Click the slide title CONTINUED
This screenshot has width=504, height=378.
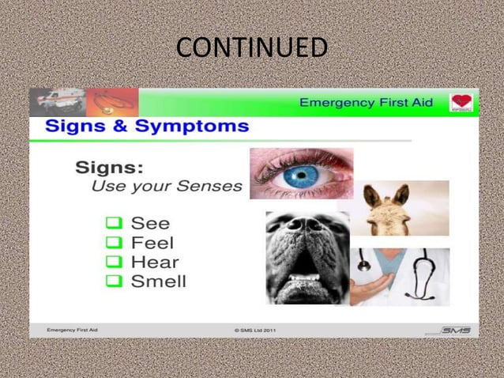pyautogui.click(x=251, y=48)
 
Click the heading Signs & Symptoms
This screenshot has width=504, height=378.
pyautogui.click(x=146, y=127)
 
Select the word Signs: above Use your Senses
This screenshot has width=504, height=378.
pyautogui.click(x=108, y=168)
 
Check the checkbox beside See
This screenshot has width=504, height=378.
pyautogui.click(x=113, y=225)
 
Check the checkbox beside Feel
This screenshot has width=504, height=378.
pyautogui.click(x=113, y=244)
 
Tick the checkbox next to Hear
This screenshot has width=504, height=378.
pyautogui.click(x=113, y=263)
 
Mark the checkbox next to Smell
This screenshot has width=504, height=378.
pyautogui.click(x=113, y=282)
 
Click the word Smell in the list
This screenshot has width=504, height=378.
pyautogui.click(x=159, y=282)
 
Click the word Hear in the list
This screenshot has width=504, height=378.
pyautogui.click(x=155, y=263)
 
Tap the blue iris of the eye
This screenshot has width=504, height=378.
pyautogui.click(x=300, y=176)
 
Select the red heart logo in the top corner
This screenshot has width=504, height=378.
pyautogui.click(x=462, y=103)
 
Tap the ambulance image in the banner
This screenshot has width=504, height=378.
pyautogui.click(x=60, y=100)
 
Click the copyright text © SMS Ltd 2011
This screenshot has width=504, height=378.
pyautogui.click(x=255, y=330)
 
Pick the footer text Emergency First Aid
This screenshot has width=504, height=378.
pyautogui.click(x=73, y=330)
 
